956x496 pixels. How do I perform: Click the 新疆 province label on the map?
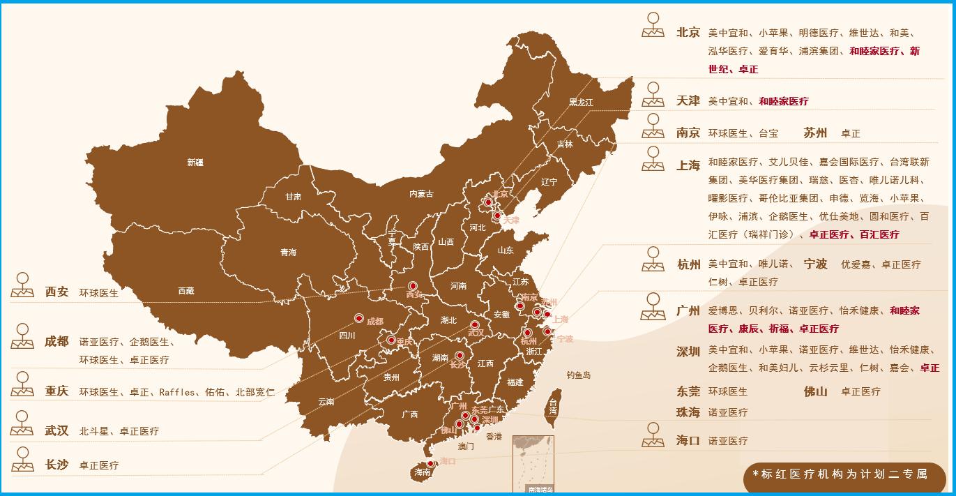coord(195,163)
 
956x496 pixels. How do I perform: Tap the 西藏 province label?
coord(186,291)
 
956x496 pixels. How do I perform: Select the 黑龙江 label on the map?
coord(581,102)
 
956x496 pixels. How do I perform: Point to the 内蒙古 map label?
coord(421,194)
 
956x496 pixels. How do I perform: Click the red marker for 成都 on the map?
coord(359,318)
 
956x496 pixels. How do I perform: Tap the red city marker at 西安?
coord(412,286)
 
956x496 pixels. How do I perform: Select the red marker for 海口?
coord(430,463)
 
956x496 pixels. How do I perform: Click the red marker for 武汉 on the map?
coord(475,324)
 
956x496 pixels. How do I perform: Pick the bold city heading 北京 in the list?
coord(688,32)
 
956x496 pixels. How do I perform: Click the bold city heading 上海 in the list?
coord(688,165)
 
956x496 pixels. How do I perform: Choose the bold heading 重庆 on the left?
coord(57,391)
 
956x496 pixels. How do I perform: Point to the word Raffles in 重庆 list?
coord(177,392)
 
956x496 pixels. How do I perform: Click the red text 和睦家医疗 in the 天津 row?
coord(784,101)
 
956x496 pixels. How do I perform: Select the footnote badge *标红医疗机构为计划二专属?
coord(844,474)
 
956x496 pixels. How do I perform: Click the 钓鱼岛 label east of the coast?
coord(579,375)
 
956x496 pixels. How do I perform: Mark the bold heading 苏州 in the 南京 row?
coord(815,133)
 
